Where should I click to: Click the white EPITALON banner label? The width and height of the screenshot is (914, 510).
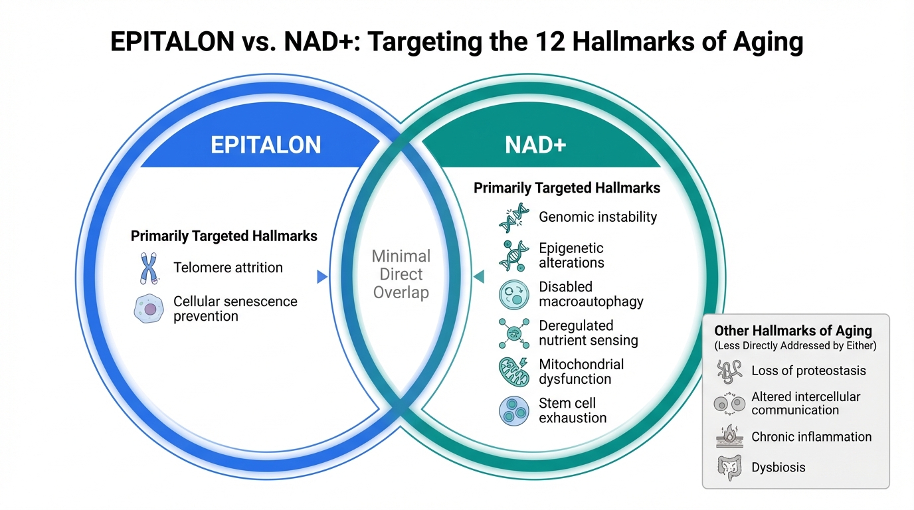click(266, 145)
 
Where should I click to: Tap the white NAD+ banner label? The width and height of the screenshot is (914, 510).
click(535, 145)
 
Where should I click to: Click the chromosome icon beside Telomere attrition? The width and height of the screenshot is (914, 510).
click(149, 268)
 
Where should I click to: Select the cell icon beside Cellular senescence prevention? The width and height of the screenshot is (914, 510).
click(149, 308)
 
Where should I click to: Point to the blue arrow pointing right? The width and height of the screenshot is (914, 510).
click(322, 277)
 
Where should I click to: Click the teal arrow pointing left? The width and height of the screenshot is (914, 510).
click(479, 277)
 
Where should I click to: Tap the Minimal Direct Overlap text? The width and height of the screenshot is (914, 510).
click(401, 274)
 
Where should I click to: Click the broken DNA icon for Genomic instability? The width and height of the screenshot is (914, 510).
click(514, 218)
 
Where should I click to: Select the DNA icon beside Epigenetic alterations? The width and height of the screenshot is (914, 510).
click(514, 256)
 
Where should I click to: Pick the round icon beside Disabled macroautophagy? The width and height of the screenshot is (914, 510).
click(514, 295)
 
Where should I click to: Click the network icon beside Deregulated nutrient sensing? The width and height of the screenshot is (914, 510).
click(514, 333)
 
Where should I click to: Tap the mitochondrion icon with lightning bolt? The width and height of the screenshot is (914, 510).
click(514, 372)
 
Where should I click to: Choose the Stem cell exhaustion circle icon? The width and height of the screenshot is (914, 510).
click(514, 411)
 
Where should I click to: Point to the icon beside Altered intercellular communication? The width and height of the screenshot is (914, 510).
click(729, 404)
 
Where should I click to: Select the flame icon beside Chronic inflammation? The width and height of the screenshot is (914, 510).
click(729, 436)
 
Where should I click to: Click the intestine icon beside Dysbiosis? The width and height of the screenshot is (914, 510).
click(729, 467)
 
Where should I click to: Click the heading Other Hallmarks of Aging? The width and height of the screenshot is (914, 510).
click(793, 331)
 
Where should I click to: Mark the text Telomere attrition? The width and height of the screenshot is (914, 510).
click(228, 268)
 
